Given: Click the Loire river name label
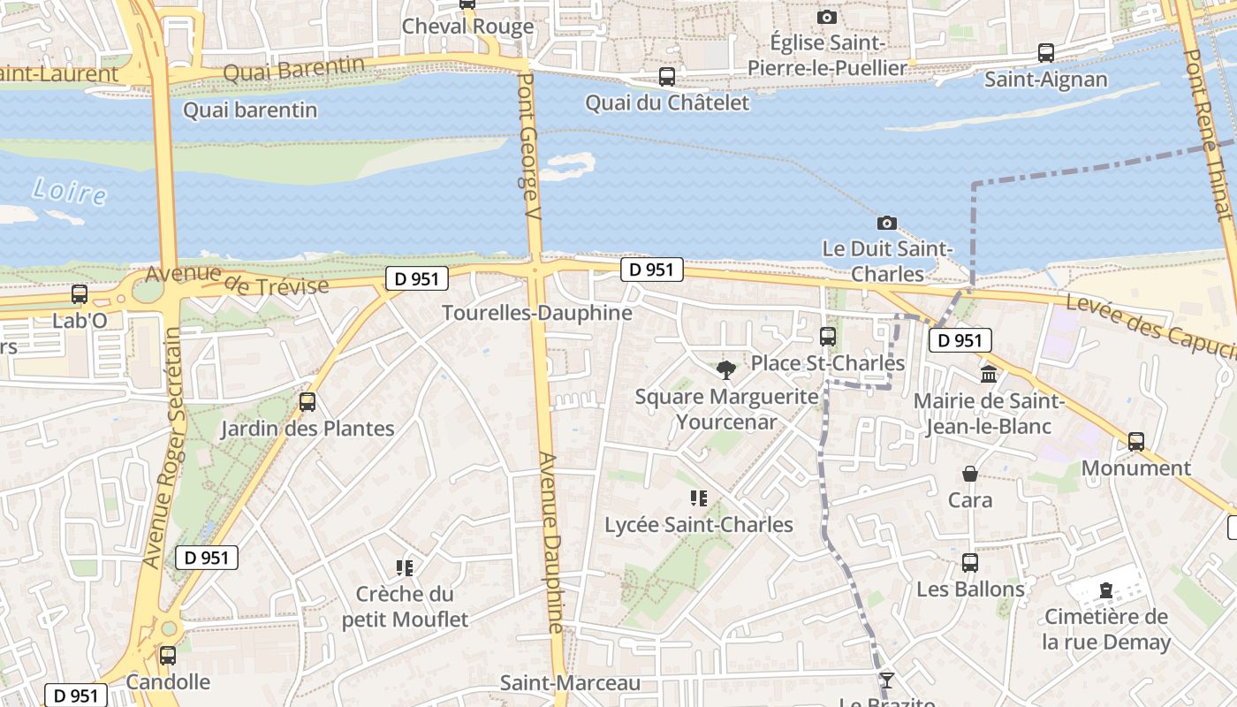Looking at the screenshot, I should (69, 191).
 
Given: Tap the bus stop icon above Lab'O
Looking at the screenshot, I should (80, 294).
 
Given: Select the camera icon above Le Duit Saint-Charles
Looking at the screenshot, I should (886, 224).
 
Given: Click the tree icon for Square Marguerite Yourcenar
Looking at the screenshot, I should (726, 369).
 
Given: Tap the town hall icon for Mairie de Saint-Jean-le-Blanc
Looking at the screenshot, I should (989, 375).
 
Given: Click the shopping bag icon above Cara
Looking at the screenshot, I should (970, 475).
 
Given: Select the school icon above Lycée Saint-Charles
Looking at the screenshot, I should (699, 498).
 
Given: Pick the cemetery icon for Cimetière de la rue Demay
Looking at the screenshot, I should (1106, 590).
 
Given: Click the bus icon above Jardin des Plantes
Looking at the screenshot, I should (307, 402).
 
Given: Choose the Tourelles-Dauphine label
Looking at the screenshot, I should (537, 313).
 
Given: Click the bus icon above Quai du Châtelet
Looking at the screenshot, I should (667, 77).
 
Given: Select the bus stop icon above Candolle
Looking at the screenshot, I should (168, 656).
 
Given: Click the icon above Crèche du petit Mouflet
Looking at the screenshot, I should (405, 567).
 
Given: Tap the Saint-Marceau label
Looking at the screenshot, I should (570, 683).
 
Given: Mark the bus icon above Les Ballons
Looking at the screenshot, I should (970, 563).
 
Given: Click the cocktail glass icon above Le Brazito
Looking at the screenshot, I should (886, 680).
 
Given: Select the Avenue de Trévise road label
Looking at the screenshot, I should (237, 279).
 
